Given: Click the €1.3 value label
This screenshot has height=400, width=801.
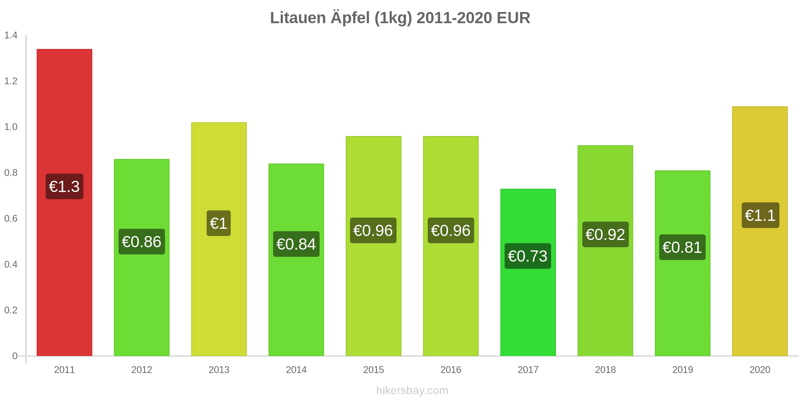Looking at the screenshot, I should [64, 186].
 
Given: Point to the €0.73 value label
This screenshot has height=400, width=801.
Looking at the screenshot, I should [528, 256].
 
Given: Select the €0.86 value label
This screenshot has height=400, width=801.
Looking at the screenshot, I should [142, 242].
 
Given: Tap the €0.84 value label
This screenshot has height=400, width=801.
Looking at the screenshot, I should [296, 244].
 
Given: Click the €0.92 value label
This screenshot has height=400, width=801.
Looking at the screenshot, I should [605, 234].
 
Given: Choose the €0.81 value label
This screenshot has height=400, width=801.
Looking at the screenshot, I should [682, 247].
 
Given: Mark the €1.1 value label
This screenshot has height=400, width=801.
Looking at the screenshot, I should [760, 215].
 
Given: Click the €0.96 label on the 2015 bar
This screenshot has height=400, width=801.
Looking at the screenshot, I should [373, 230].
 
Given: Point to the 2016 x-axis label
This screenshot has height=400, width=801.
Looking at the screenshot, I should [451, 370].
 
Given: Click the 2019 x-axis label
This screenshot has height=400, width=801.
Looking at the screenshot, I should [682, 370].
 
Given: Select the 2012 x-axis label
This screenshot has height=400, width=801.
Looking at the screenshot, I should [142, 370].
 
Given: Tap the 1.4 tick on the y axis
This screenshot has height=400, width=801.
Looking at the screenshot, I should [11, 35].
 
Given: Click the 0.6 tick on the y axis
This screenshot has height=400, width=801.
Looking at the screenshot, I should [11, 218].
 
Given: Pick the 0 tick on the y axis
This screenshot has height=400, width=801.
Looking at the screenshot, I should [15, 356].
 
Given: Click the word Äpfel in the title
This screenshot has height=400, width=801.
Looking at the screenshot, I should [350, 18].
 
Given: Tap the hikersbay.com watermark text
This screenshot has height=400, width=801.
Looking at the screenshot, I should [412, 390].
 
